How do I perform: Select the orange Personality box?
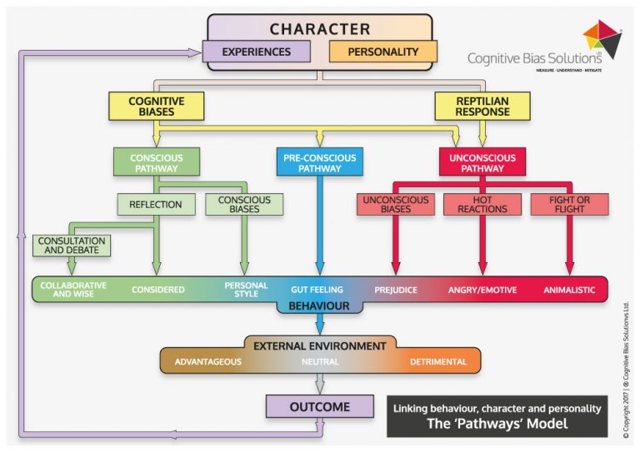point(382,52)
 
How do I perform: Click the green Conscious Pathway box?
point(157,162)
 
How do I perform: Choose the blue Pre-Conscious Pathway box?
point(320,162)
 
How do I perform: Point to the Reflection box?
point(157,203)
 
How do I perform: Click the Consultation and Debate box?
point(72,245)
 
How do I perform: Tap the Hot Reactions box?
point(482,204)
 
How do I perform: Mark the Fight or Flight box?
point(570,204)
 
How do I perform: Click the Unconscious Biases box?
point(395,204)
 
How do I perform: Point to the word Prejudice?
point(396,291)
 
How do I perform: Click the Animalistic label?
point(569,291)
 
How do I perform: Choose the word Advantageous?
point(208,361)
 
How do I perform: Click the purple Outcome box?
point(319,406)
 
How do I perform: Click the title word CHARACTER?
point(320,28)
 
